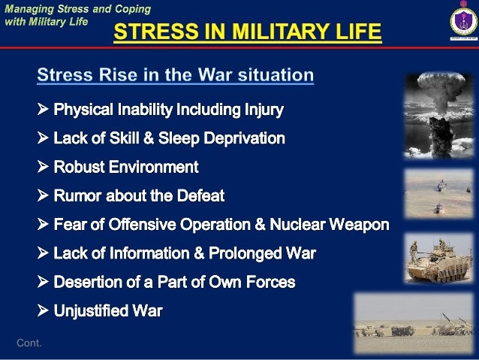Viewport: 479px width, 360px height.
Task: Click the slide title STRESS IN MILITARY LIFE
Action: [x=247, y=34]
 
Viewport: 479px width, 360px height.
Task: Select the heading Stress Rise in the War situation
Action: [x=175, y=75]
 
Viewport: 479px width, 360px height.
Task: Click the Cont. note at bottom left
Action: [x=29, y=343]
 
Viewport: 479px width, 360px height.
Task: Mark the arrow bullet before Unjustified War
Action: [x=42, y=310]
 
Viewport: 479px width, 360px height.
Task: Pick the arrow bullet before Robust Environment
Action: [x=42, y=167]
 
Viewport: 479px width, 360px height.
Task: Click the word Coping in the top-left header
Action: [x=131, y=9]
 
